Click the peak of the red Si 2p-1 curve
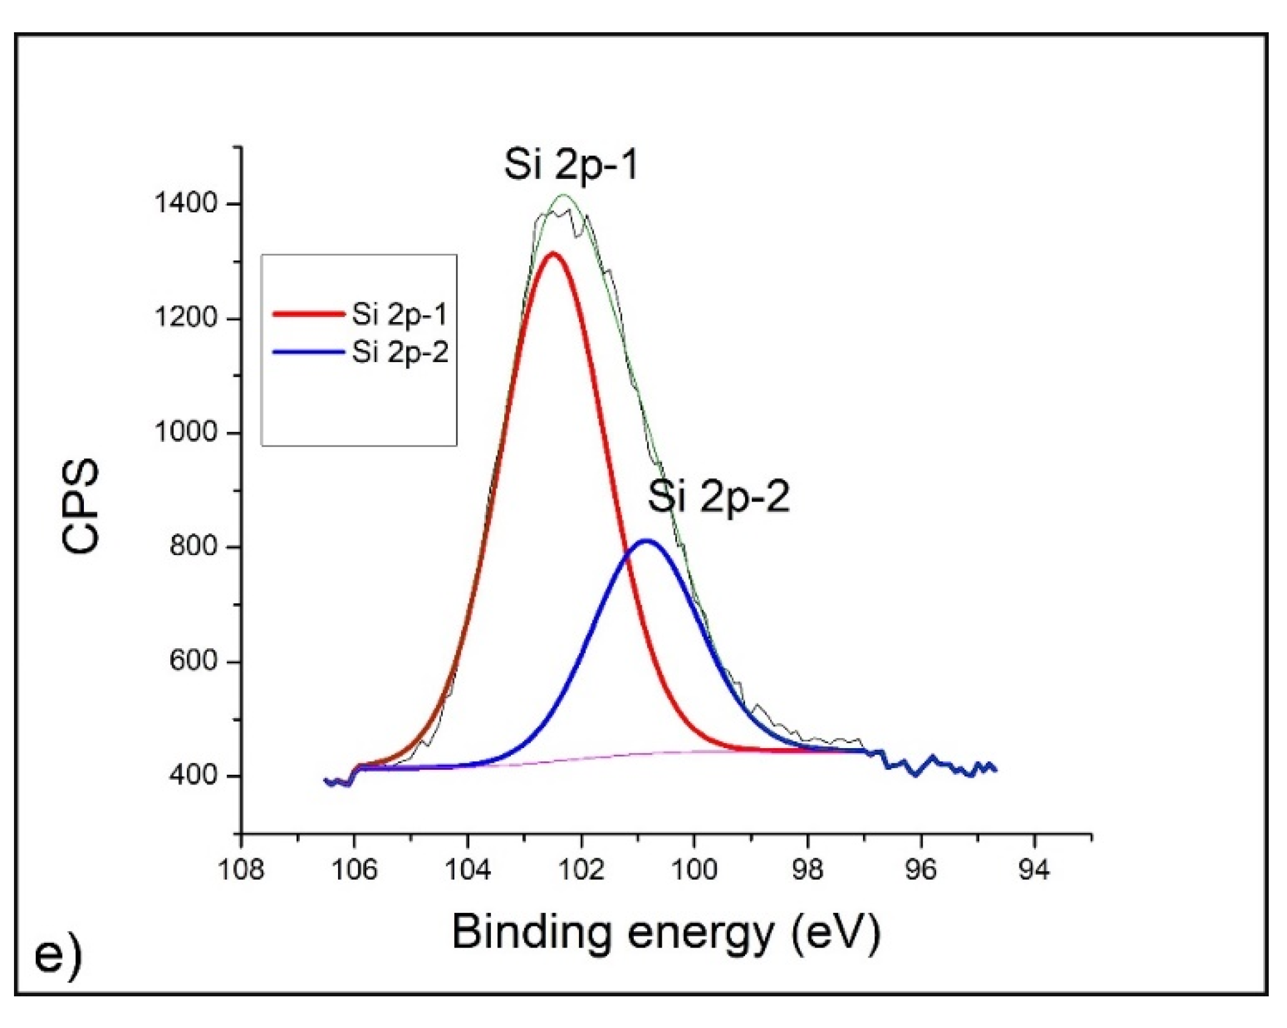[x=552, y=253]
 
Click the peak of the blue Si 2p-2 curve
[x=647, y=540]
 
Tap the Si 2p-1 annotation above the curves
[x=571, y=164]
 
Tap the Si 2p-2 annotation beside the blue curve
[x=718, y=497]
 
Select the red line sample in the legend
[x=308, y=314]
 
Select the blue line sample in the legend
[x=308, y=352]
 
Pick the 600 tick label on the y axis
[x=193, y=660]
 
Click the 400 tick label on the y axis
[x=193, y=775]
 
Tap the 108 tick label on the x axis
[x=241, y=869]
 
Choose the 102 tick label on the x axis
[x=581, y=869]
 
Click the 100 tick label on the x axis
[x=694, y=869]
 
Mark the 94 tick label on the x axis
[x=1035, y=869]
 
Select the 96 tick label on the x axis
[x=921, y=869]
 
